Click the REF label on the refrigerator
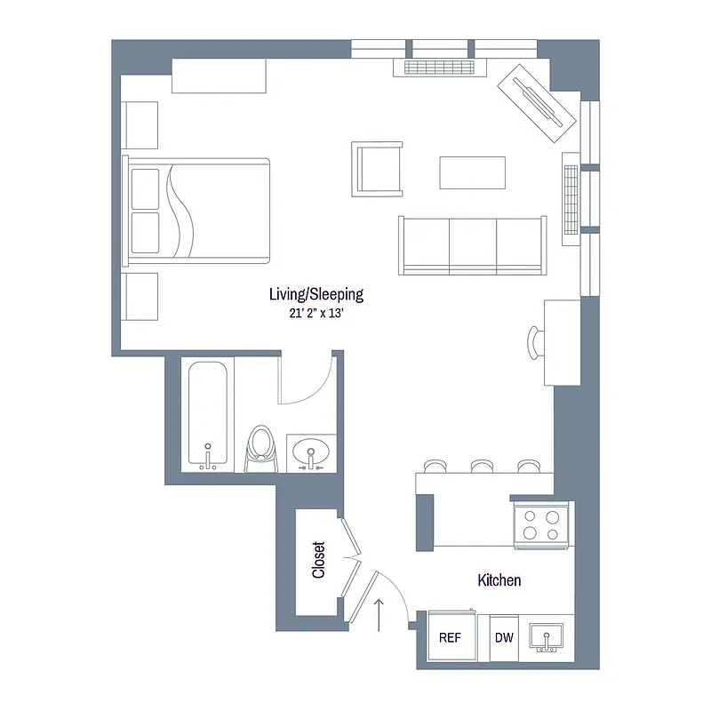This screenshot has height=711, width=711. click(x=449, y=637)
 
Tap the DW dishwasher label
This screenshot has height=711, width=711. click(x=502, y=637)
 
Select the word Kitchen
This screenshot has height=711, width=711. click(x=499, y=580)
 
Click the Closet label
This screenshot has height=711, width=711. click(x=319, y=561)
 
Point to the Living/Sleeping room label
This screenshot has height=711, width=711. click(x=316, y=294)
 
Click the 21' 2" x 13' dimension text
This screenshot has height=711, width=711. click(x=316, y=312)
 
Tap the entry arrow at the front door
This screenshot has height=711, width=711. click(x=380, y=613)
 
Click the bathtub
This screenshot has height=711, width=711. click(x=208, y=416)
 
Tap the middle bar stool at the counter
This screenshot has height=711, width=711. click(x=483, y=466)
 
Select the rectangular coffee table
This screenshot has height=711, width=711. click(x=473, y=172)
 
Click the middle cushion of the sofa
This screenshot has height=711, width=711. click(x=472, y=244)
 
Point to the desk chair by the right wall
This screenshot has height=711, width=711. click(x=535, y=341)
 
